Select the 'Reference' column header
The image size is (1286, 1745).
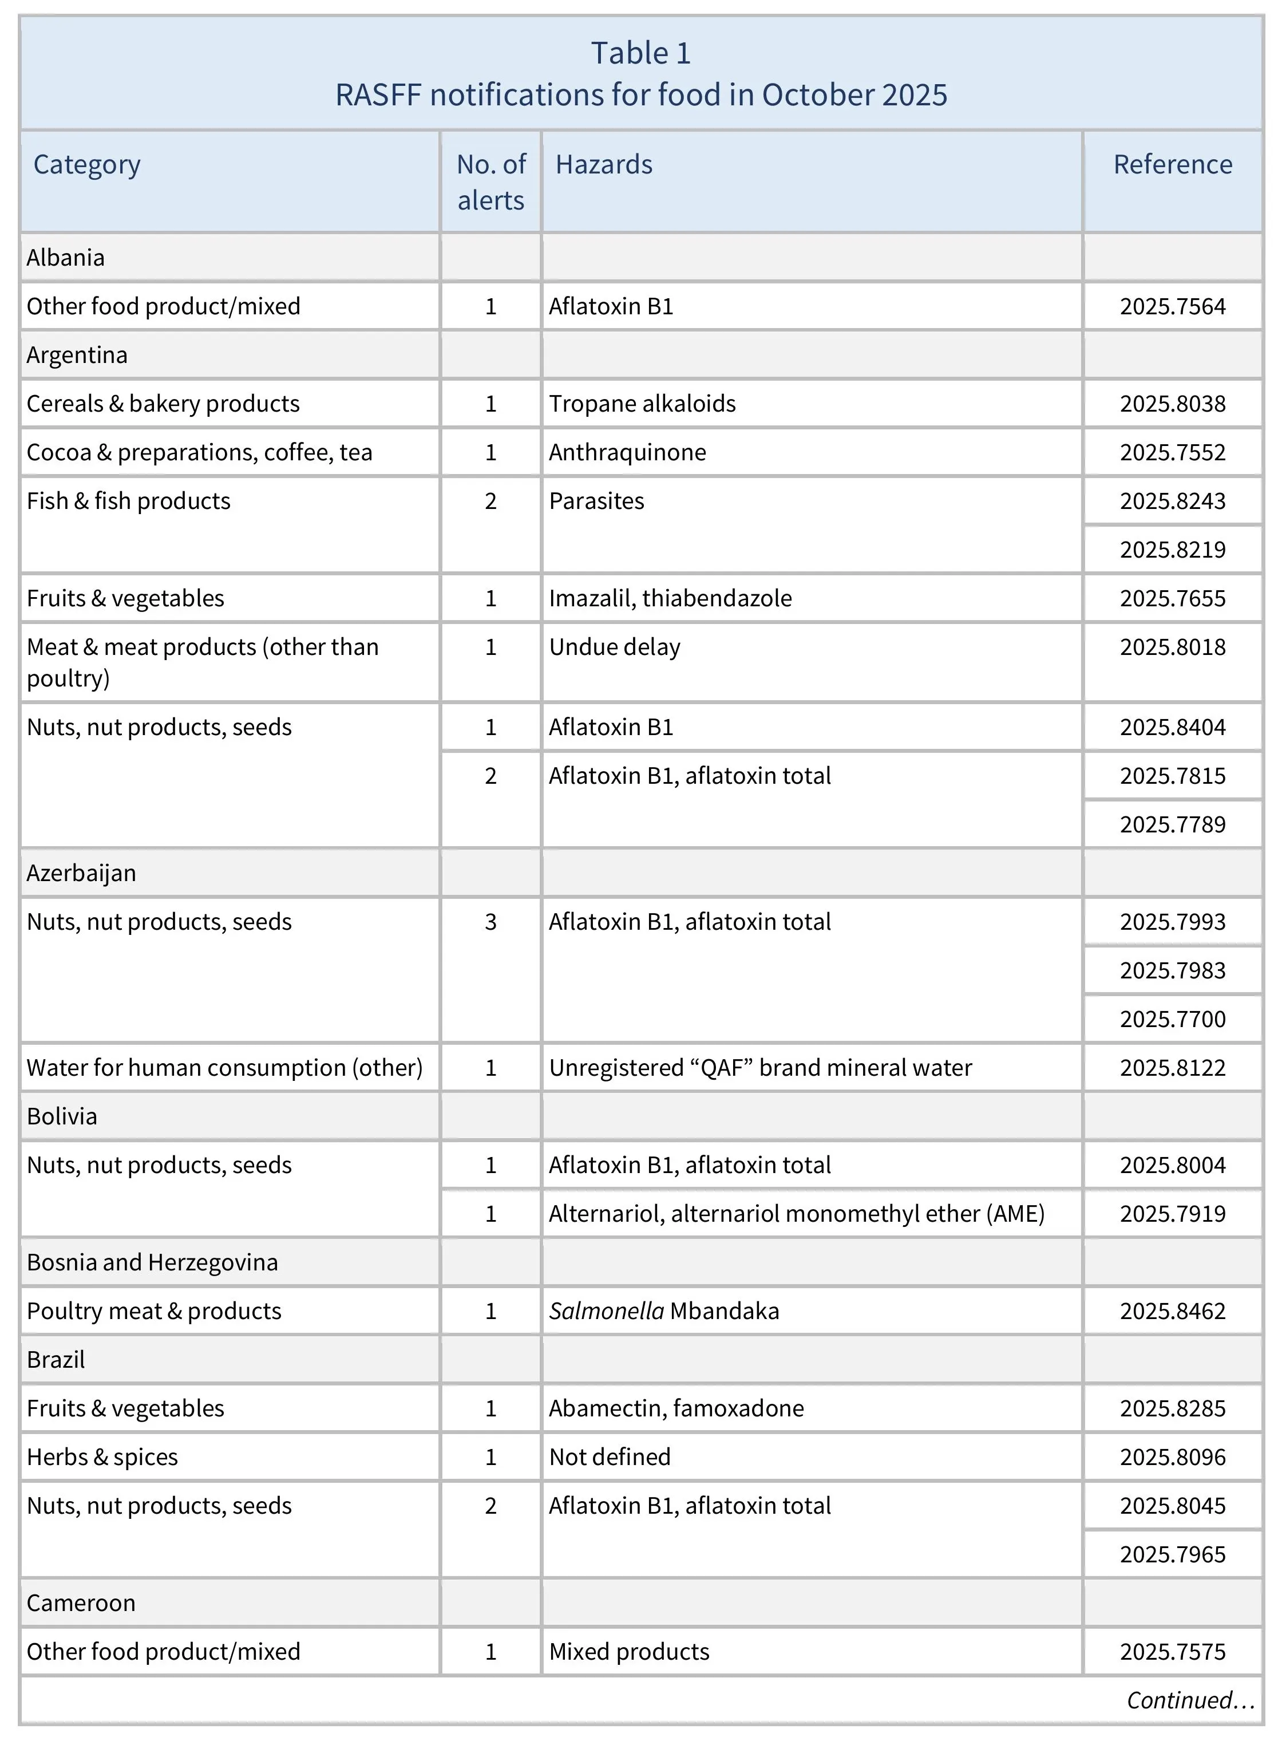click(x=1172, y=164)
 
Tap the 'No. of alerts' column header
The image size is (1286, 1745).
click(x=490, y=182)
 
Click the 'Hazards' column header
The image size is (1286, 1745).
click(x=603, y=164)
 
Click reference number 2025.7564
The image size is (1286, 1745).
click(x=1172, y=306)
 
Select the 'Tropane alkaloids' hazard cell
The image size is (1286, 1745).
click(x=642, y=404)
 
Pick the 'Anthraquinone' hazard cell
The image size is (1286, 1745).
click(x=627, y=452)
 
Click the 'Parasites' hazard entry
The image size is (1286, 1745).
click(x=596, y=501)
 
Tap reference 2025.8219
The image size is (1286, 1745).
click(x=1172, y=550)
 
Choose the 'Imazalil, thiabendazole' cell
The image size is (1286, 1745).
click(x=670, y=598)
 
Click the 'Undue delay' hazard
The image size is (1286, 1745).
click(x=614, y=647)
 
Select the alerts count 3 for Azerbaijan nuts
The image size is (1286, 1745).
click(x=490, y=922)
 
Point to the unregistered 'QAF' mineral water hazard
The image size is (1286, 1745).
click(x=760, y=1068)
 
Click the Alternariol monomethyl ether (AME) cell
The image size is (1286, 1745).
click(x=796, y=1214)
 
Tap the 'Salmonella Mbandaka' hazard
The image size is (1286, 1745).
click(x=663, y=1311)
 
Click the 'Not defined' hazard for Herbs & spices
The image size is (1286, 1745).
click(x=610, y=1457)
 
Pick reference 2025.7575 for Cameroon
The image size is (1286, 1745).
click(x=1172, y=1652)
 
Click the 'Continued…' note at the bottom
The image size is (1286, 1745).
click(x=1189, y=1700)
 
